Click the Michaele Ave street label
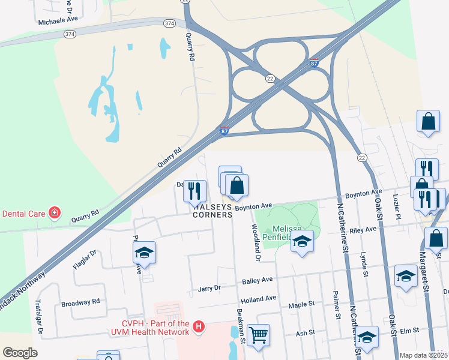58,19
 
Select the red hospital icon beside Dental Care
55,213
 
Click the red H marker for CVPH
199,328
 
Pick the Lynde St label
364,264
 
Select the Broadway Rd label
81,302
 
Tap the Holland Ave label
258,298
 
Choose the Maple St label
301,304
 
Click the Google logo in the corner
20,353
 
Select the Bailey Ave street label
258,280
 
